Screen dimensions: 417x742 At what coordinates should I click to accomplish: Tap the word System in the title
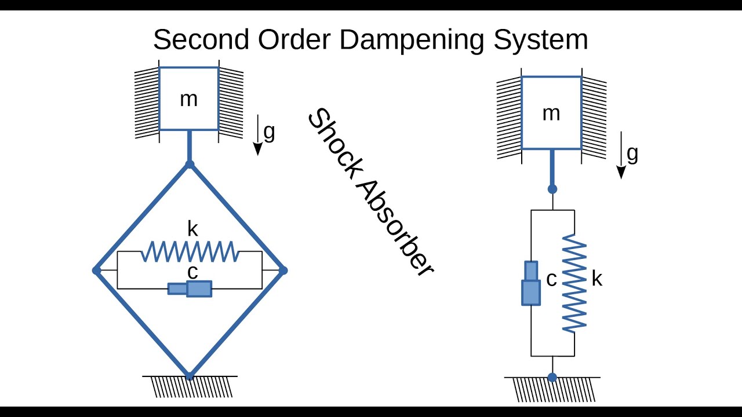[540, 40]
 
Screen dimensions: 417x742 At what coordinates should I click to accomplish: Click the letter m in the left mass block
[188, 100]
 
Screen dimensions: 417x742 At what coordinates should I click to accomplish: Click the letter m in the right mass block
[551, 114]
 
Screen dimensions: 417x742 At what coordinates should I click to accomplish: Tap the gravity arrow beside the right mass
[621, 155]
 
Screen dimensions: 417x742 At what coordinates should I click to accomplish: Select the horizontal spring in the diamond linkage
[190, 252]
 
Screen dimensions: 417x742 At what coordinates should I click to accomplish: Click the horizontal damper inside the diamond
[190, 288]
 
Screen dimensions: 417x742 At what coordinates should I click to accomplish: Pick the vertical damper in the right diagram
[531, 283]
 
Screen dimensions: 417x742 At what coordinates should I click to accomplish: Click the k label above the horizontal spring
[192, 229]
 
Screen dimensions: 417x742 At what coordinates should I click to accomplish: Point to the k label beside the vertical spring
[596, 279]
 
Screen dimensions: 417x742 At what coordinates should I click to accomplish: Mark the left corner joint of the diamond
[96, 270]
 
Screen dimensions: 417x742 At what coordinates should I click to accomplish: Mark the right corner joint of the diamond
[283, 270]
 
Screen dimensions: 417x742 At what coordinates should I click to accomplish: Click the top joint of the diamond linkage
[189, 165]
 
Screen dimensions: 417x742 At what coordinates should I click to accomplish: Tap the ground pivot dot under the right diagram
[552, 377]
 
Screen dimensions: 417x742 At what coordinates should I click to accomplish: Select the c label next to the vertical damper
[551, 280]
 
